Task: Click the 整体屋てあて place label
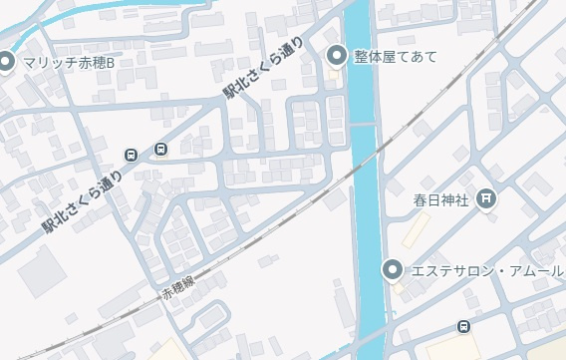click(x=395, y=56)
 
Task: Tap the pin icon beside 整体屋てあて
click(x=336, y=55)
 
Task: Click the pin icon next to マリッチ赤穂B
click(x=5, y=63)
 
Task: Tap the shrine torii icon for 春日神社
click(x=485, y=198)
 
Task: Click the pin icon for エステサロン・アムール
click(x=393, y=269)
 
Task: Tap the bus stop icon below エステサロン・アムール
click(x=463, y=327)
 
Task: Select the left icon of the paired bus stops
click(x=131, y=154)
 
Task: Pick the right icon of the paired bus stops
click(x=160, y=150)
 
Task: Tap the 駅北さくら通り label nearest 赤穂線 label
click(x=82, y=203)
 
